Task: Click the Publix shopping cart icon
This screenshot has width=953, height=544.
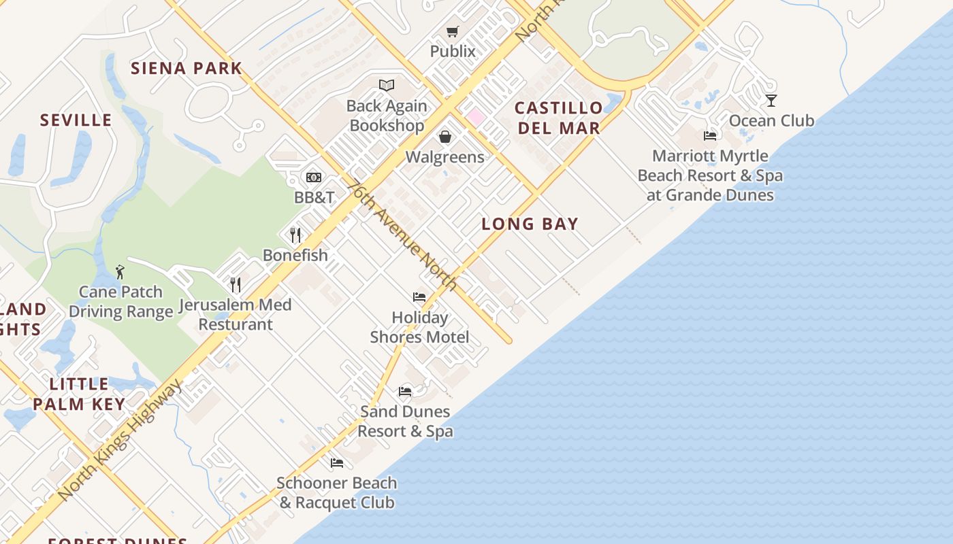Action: point(453,31)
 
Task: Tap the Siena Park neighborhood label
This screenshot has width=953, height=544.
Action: point(187,68)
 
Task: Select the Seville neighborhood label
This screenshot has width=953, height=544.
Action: point(76,120)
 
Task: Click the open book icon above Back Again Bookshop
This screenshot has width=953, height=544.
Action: point(387,85)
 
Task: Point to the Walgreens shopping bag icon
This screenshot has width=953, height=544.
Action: point(445,137)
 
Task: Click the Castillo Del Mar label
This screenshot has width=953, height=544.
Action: point(559,118)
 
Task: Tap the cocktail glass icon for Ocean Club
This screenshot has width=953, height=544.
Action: point(771,101)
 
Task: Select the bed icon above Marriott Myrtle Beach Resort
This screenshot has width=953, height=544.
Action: point(710,135)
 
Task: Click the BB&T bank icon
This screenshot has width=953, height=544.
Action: point(313,177)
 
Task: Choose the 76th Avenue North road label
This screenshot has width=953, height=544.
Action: point(402,235)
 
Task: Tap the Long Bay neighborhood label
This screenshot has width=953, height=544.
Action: point(530,224)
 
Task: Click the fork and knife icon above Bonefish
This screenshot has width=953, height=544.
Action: point(295,235)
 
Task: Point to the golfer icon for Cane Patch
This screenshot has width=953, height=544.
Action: point(120,272)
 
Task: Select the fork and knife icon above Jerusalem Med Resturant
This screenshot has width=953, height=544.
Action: point(236,284)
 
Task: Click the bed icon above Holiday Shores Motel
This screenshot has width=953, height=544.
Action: point(419,297)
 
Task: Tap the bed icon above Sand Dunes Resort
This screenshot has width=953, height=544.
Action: point(405,392)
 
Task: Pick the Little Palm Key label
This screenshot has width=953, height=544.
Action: point(79,394)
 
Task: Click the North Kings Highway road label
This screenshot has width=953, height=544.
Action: point(120,439)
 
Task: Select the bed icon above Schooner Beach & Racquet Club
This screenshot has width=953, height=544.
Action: point(337,463)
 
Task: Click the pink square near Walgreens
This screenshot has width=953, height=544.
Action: point(475,117)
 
